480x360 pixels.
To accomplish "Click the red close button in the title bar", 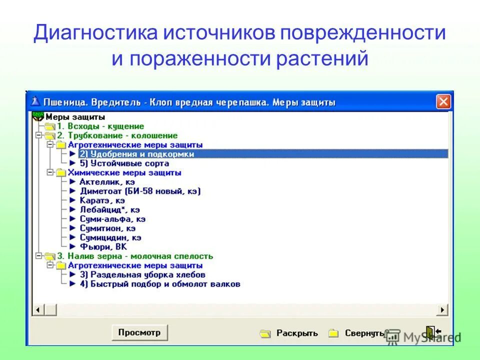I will point(443,102).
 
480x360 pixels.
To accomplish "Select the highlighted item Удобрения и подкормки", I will point(136,154).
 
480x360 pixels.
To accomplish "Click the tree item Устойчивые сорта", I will point(124,163).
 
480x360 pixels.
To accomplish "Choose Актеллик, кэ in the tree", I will point(107,182).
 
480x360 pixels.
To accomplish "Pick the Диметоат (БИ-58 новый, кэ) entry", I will point(140,191).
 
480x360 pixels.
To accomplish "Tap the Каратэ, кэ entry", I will point(102,200).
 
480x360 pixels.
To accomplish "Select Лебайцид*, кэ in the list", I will point(109,210).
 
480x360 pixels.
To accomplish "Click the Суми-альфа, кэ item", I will point(112,219).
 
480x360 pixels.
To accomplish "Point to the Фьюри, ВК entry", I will point(103,246).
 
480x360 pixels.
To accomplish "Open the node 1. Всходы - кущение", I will point(100,126).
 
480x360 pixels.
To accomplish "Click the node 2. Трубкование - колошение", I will point(117,135).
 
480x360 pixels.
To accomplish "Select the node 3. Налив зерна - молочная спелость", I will point(134,256).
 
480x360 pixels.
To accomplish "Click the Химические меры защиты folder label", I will point(124,172).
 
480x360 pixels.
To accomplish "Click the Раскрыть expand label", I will point(297,333).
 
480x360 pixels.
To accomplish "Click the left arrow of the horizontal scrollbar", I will point(37,310).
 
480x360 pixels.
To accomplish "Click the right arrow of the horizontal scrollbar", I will point(442,310).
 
